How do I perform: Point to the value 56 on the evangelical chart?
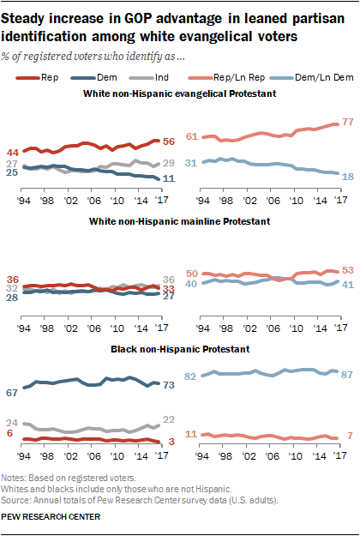pyautogui.click(x=169, y=142)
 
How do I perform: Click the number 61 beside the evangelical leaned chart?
pyautogui.click(x=192, y=136)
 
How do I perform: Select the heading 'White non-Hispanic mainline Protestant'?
pyautogui.click(x=180, y=221)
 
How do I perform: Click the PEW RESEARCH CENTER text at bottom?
pyautogui.click(x=51, y=517)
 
